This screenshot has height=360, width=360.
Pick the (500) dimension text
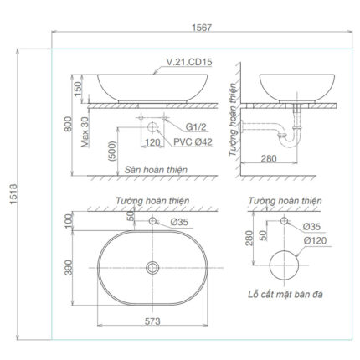click(112, 153)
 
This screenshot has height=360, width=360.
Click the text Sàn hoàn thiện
click(156, 168)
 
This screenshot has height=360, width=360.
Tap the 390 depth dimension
click(69, 269)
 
